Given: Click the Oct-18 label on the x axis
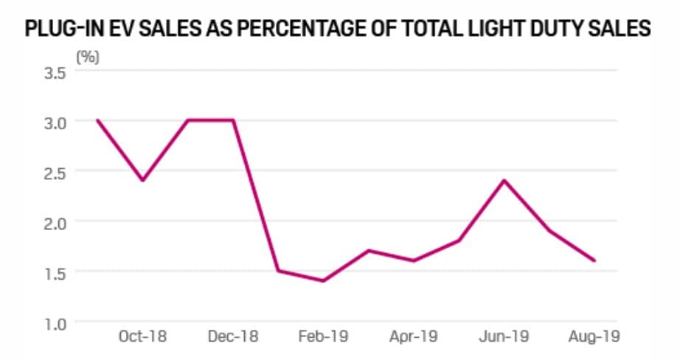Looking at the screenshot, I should tap(142, 337).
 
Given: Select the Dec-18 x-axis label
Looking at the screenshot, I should tap(234, 337).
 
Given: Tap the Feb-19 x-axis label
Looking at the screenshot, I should tap(324, 337).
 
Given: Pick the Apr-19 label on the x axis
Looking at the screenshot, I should tap(414, 337).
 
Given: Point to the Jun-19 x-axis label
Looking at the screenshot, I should tap(504, 337).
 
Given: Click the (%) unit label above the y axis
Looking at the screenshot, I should tap(88, 57).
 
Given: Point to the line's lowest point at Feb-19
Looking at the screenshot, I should tap(323, 281).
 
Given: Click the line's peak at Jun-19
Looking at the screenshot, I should tap(504, 180).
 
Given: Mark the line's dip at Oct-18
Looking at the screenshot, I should tap(142, 180).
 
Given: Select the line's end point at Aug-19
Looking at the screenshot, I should tap(594, 260).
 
